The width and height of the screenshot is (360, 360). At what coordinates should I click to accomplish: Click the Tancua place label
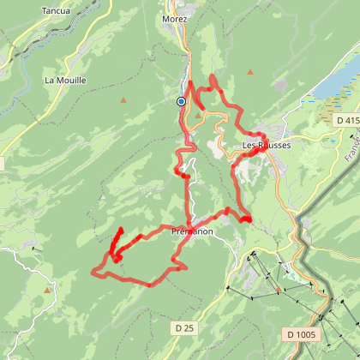pos(57,12)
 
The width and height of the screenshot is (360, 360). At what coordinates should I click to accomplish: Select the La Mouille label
pos(65,81)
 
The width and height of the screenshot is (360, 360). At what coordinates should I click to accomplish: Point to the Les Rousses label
pos(267,145)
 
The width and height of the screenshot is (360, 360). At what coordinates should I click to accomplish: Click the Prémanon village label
pos(192,231)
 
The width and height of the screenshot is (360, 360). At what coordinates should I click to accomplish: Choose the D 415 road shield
pos(346,121)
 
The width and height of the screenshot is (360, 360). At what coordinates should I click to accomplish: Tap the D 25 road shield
pos(183,327)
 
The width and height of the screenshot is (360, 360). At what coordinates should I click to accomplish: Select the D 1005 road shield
pos(303,333)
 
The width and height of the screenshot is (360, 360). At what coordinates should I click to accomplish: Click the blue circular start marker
pos(181,101)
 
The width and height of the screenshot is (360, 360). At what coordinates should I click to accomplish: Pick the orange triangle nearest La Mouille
pos(124,100)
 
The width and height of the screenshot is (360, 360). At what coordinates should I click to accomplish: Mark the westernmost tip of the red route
pos(92,273)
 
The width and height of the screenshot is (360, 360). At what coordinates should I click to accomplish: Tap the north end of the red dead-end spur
pos(120,230)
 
